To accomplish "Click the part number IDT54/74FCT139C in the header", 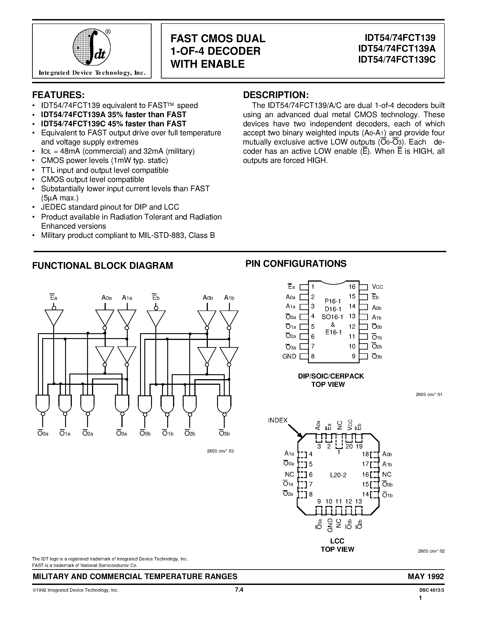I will (397, 60).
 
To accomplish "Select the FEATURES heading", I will (59, 94).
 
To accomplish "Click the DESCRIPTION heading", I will (276, 95).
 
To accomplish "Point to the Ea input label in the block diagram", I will (53, 298).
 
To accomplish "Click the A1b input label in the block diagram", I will (229, 298).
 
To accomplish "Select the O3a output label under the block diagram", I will (122, 433).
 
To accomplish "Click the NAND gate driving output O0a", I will (43, 403).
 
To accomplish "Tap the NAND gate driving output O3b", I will (224, 403).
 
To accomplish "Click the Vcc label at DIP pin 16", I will (377, 287).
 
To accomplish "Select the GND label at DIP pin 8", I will (289, 357).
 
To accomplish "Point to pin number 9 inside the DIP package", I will (354, 357).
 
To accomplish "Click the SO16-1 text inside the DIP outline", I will (332, 317).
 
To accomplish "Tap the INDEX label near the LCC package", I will (277, 420).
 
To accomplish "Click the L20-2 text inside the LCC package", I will (338, 475).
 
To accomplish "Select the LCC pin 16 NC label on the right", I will (387, 474).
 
